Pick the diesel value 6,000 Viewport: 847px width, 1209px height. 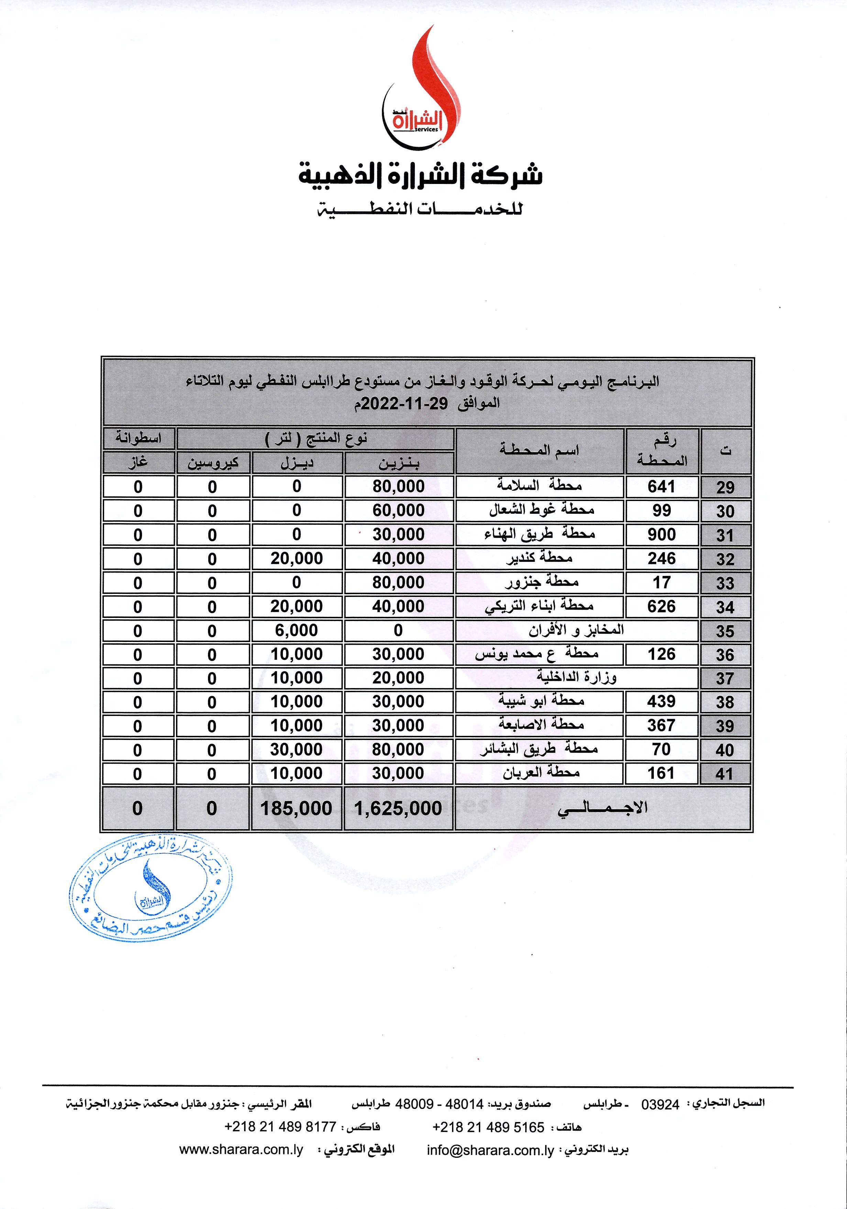pyautogui.click(x=296, y=630)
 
